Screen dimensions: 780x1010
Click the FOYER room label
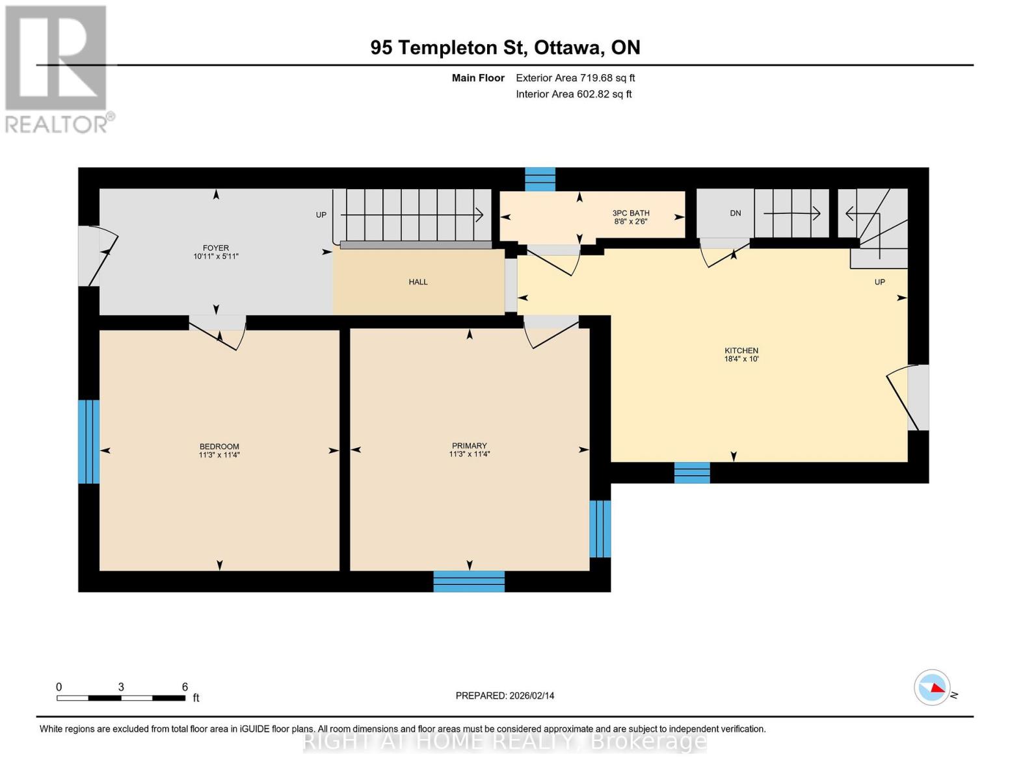pos(216,248)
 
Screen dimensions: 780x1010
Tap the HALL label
pos(418,282)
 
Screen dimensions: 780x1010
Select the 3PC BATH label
pos(630,213)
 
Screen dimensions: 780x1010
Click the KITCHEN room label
pos(741,351)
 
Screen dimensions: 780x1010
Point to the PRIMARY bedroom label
pos(469,447)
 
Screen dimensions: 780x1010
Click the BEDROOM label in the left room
pos(219,447)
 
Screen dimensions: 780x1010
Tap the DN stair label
pos(736,213)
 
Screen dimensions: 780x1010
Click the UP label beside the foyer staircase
pos(321,215)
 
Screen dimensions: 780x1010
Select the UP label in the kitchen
pos(879,282)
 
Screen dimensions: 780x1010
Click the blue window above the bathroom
pos(540,179)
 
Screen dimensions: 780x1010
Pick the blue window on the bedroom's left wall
pos(88,441)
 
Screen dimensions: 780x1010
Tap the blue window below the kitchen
pos(692,473)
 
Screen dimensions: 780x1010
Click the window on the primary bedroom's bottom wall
pos(469,581)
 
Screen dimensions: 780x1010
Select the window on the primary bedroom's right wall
pos(600,528)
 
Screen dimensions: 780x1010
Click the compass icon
pos(932,687)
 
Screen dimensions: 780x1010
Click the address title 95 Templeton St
pos(505,47)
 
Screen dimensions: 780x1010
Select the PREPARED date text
pos(505,695)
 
